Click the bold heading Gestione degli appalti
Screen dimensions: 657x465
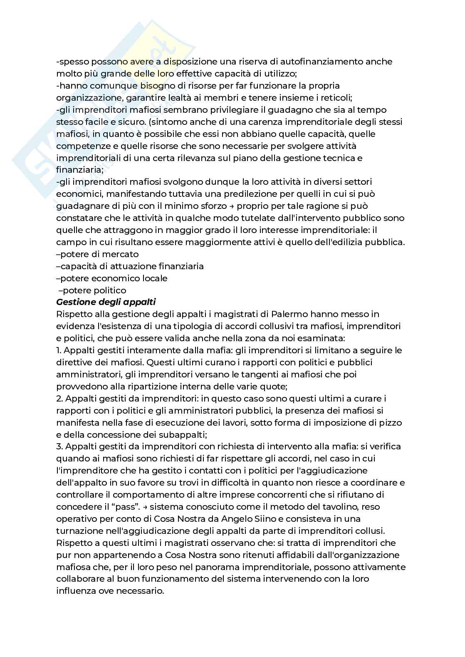coord(106,302)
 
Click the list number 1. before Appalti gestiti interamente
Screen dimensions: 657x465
coord(59,350)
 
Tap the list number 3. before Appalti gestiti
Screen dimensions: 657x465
coord(59,446)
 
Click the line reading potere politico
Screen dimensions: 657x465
coord(94,290)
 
